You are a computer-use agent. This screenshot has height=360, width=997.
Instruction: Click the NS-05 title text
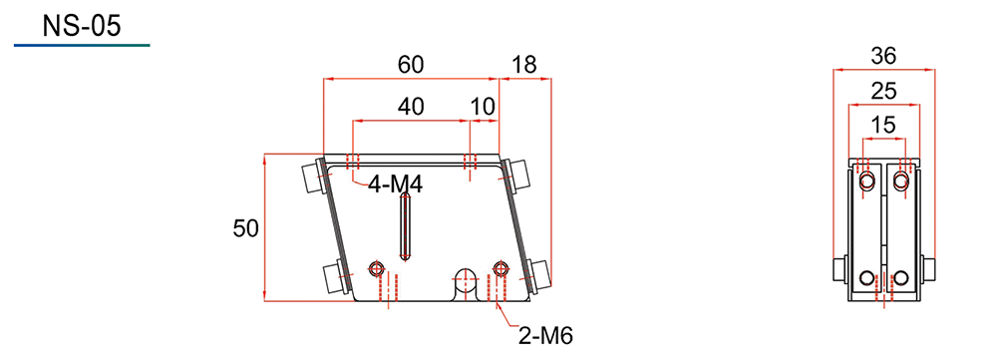click(x=82, y=26)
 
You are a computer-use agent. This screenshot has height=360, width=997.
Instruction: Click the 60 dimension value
click(x=411, y=64)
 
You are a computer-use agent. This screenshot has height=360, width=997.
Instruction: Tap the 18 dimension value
click(x=524, y=64)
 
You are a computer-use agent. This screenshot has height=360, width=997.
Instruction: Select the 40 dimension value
click(x=411, y=107)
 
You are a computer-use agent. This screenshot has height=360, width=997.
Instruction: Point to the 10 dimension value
click(x=484, y=107)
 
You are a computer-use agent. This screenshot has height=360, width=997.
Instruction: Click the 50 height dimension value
click(x=246, y=227)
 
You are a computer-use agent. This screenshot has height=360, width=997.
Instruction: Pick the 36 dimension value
click(x=883, y=57)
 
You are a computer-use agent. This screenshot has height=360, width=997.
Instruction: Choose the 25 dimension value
click(x=883, y=92)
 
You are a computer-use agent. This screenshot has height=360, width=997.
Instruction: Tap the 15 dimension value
click(x=883, y=126)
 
